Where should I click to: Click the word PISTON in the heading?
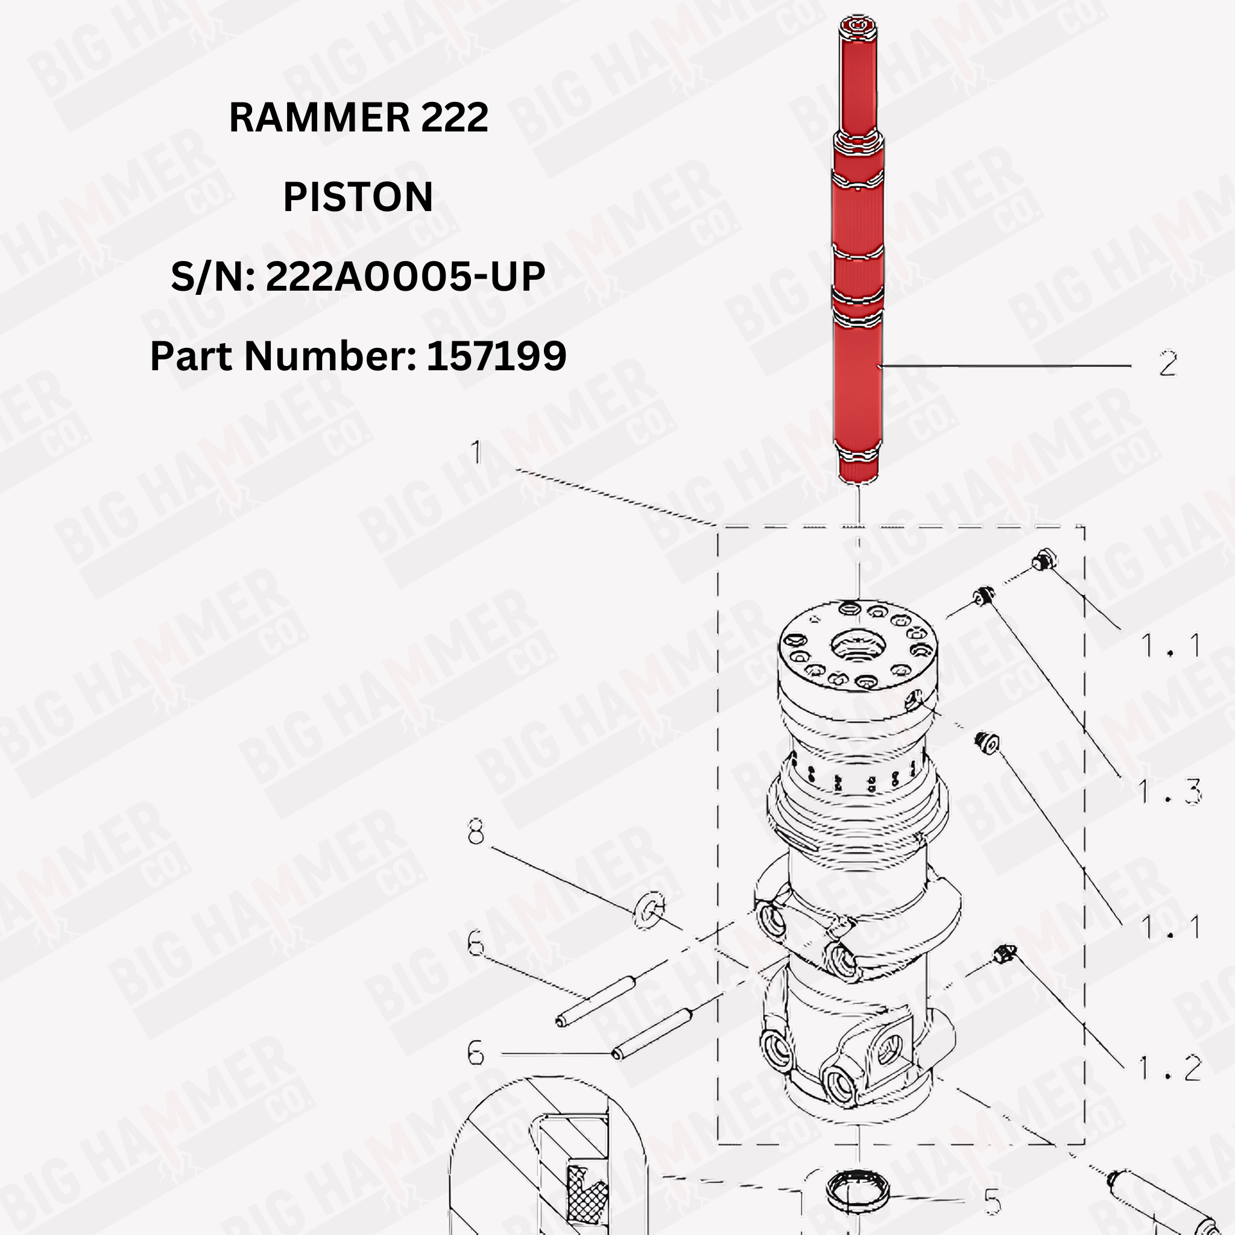point(358,197)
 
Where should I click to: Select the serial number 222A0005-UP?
point(405,277)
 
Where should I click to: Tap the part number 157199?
point(496,356)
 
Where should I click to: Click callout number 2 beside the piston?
point(1167,364)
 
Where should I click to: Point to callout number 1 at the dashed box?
point(476,453)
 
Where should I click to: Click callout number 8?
point(476,833)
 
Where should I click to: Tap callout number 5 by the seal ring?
point(991,1202)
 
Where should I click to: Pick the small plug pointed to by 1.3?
point(982,598)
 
